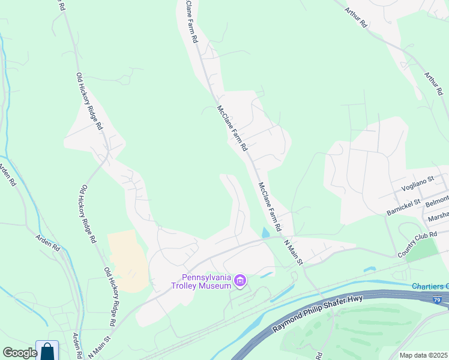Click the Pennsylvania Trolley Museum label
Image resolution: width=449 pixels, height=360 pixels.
pos(207,281)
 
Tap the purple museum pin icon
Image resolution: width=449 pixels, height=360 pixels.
pos(240,281)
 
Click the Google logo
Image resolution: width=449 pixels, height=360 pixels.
pos(19,353)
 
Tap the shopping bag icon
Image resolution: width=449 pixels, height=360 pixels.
pos(47,352)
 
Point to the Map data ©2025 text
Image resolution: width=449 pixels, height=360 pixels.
pos(423,355)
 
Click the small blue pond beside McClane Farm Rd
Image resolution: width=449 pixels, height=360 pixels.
pos(266,233)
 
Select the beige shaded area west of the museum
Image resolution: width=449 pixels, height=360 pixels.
pos(127,260)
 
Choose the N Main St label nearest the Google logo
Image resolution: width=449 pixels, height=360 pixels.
pos(101,348)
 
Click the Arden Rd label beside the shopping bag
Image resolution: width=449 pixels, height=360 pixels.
pos(76,345)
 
